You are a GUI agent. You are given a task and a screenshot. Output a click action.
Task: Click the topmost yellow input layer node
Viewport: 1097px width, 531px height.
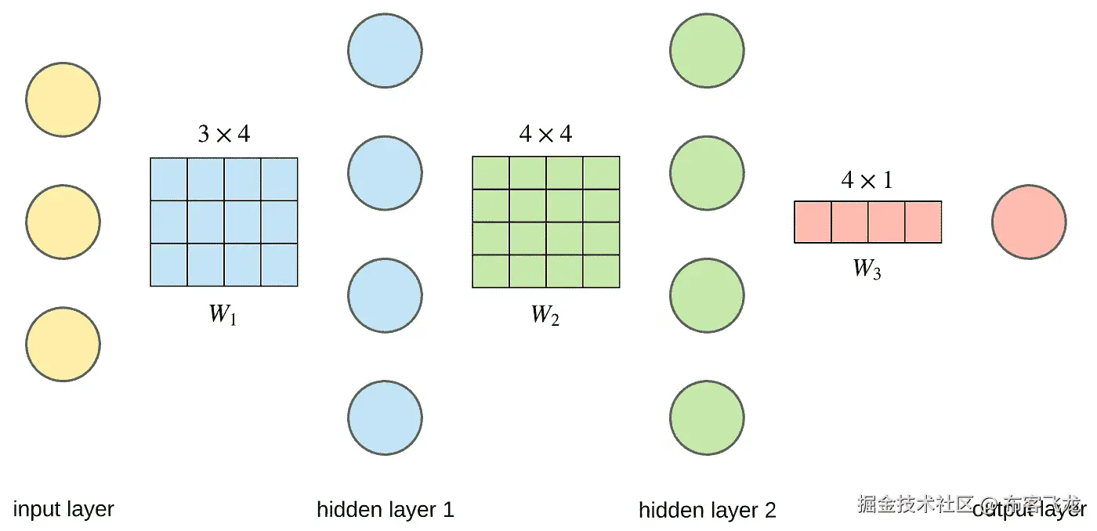click(63, 99)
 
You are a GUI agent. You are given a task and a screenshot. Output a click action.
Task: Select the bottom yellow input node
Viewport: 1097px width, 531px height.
click(63, 345)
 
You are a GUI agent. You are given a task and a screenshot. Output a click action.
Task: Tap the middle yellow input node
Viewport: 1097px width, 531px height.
click(63, 222)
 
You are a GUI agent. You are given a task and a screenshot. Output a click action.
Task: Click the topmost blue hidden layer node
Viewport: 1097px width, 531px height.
click(385, 50)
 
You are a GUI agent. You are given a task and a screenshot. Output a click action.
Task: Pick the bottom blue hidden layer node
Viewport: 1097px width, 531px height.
click(385, 417)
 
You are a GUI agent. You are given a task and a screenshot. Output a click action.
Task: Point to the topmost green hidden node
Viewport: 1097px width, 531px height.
click(707, 50)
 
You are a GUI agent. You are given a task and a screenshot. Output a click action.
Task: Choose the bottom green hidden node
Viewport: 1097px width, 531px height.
click(707, 417)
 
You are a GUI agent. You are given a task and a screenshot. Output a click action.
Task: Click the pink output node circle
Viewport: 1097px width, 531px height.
click(1028, 222)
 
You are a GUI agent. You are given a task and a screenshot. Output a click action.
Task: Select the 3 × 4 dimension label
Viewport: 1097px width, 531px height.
click(223, 135)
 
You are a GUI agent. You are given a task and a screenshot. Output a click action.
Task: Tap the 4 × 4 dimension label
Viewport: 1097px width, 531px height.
click(545, 135)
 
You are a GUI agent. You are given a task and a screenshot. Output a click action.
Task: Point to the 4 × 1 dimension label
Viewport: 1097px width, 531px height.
click(867, 180)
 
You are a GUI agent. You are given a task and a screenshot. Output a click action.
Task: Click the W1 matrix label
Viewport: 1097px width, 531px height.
click(223, 315)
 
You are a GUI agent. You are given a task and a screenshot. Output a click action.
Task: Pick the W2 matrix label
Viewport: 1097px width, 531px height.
click(545, 315)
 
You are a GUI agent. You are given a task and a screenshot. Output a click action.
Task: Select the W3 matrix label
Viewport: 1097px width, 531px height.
click(867, 269)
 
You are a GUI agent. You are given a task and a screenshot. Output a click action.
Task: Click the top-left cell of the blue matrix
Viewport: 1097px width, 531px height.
click(168, 179)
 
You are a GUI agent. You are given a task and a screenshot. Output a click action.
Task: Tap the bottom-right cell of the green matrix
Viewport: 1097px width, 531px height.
click(601, 271)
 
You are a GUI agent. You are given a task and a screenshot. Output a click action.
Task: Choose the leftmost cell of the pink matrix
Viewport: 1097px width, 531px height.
click(813, 222)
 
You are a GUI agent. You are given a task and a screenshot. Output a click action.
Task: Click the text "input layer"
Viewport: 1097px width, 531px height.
click(63, 509)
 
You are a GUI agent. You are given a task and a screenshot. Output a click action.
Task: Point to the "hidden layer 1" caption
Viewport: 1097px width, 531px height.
click(385, 510)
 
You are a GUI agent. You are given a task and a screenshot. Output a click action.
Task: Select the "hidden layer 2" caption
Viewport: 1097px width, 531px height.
click(707, 511)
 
